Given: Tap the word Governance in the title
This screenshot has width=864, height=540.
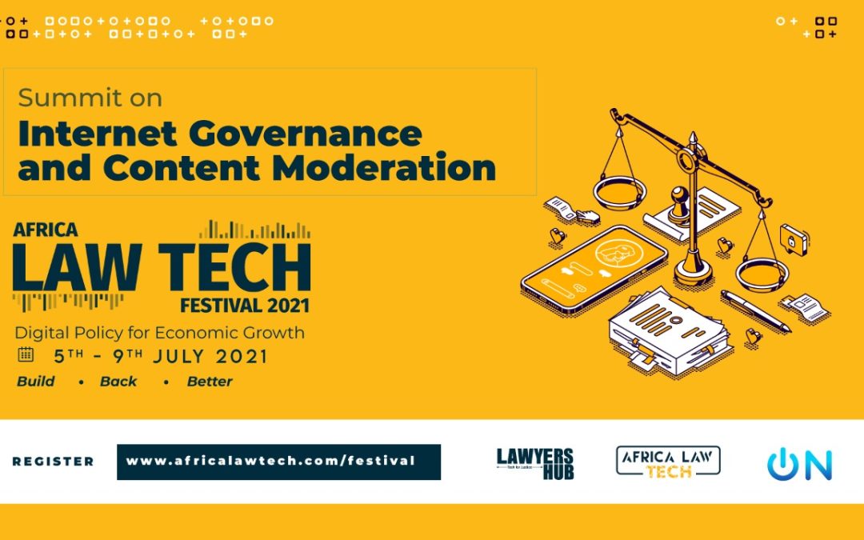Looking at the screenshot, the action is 306,134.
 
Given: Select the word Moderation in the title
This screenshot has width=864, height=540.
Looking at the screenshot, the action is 384,167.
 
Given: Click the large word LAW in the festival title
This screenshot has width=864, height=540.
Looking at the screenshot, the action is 77,267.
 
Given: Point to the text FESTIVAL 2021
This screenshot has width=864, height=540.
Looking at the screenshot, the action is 245,306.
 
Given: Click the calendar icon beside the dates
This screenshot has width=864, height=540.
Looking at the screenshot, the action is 26,354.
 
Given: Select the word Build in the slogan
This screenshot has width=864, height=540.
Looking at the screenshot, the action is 36,382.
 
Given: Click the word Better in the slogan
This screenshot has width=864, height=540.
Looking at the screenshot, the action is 210,382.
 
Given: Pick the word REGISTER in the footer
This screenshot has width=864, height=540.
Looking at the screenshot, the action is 53,462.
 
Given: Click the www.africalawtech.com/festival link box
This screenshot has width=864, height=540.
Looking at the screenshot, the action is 279,462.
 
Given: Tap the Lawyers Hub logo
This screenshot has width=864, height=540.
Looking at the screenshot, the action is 535,463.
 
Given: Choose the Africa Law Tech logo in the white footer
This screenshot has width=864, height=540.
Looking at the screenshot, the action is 668,462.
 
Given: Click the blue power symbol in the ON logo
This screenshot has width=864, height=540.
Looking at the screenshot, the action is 782,464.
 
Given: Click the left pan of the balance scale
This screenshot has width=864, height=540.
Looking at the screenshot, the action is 619,192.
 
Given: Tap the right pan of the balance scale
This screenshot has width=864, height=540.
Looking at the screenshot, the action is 762,274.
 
